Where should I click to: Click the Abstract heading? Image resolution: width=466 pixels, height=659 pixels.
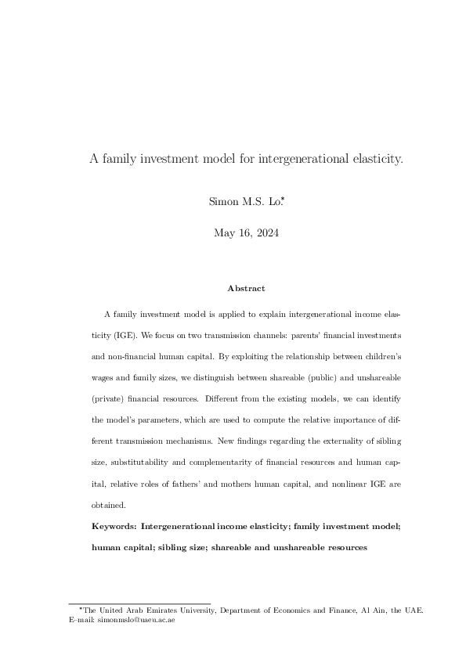pyautogui.click(x=246, y=289)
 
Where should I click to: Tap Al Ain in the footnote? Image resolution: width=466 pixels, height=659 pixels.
pyautogui.click(x=373, y=610)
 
